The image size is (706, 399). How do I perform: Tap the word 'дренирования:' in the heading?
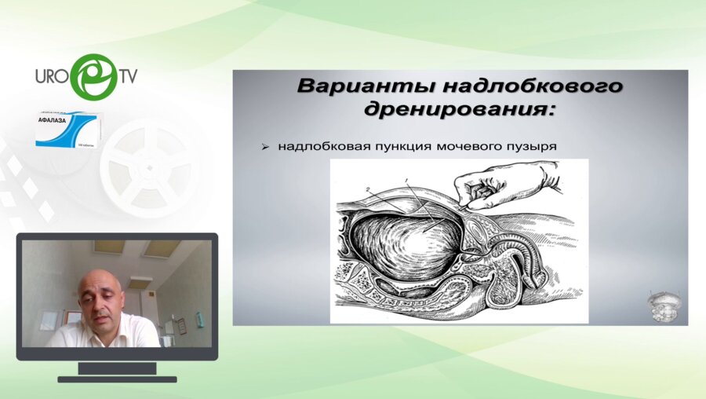(459, 109)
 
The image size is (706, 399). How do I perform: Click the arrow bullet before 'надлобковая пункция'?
(267, 146)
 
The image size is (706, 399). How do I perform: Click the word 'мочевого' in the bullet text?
(460, 146)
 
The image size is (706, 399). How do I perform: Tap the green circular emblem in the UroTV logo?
(93, 76)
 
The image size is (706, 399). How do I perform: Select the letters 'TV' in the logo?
(128, 77)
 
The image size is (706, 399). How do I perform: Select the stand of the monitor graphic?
(117, 369)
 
